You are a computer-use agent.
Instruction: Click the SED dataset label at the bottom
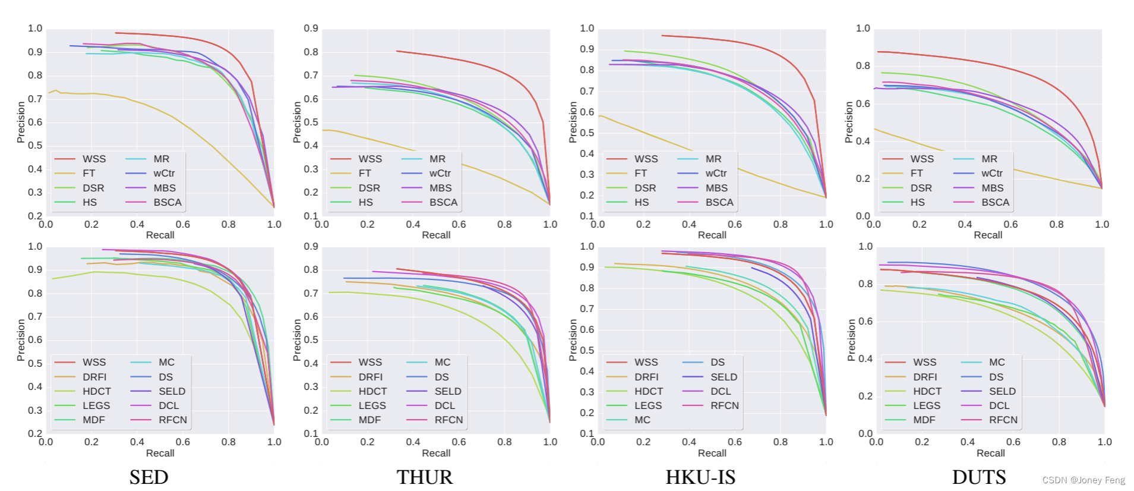pyautogui.click(x=149, y=477)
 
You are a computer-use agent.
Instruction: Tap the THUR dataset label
pyautogui.click(x=424, y=477)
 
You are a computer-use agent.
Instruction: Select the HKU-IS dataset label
pyautogui.click(x=700, y=477)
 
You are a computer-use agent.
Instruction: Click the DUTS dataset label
pyautogui.click(x=978, y=477)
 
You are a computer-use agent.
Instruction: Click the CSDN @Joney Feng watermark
pyautogui.click(x=1084, y=480)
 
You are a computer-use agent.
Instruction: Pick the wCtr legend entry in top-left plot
pyautogui.click(x=164, y=174)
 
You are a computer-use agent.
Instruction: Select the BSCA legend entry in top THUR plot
pyautogui.click(x=443, y=202)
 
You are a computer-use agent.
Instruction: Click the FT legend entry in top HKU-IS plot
pyautogui.click(x=640, y=174)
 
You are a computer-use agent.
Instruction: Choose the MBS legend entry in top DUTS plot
pyautogui.click(x=993, y=188)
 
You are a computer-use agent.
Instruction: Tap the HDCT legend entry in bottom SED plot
pyautogui.click(x=96, y=391)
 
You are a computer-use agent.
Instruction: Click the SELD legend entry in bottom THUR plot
pyautogui.click(x=447, y=391)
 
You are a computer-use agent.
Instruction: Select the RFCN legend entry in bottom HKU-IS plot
pyautogui.click(x=724, y=405)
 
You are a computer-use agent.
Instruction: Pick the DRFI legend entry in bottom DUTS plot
pyautogui.click(x=925, y=377)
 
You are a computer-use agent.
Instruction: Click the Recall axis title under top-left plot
pyautogui.click(x=160, y=235)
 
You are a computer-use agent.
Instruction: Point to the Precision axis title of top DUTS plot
pyautogui.click(x=849, y=122)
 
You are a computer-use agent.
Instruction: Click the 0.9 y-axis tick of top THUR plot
pyautogui.click(x=311, y=29)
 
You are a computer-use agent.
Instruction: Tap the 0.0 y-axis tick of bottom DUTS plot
pyautogui.click(x=865, y=433)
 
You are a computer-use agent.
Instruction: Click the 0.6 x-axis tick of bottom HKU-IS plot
pyautogui.click(x=734, y=442)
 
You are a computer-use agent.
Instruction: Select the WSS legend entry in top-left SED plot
pyautogui.click(x=94, y=159)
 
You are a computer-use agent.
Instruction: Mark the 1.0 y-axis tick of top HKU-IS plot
pyautogui.click(x=586, y=29)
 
